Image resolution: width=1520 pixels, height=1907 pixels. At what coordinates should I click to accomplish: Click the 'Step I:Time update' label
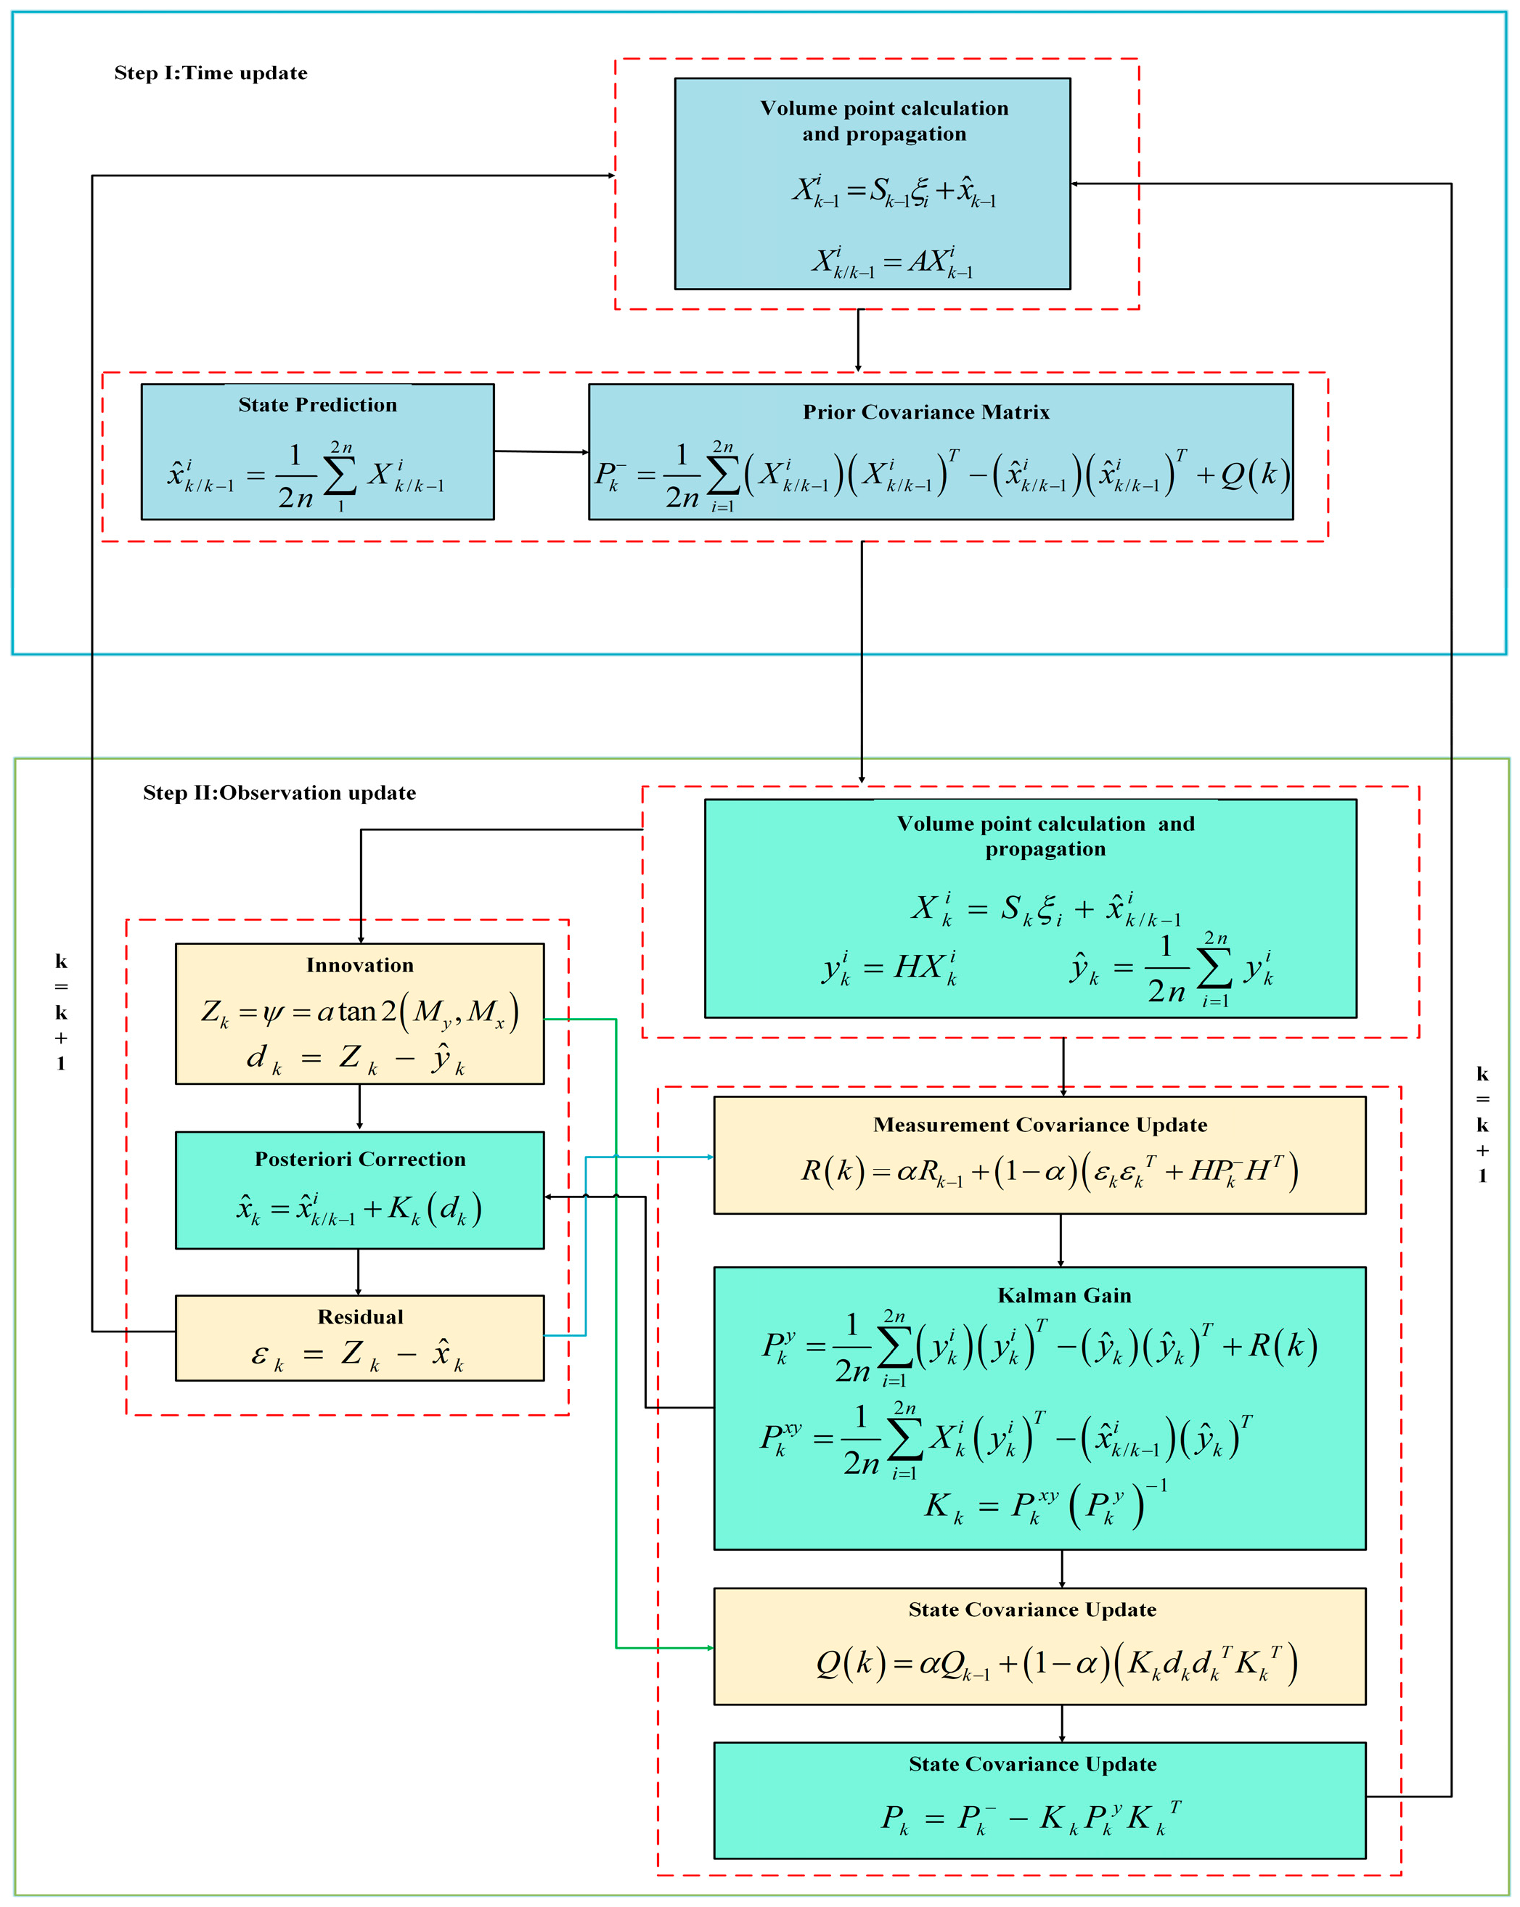211,73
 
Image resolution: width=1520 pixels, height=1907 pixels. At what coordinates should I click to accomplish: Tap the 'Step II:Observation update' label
279,792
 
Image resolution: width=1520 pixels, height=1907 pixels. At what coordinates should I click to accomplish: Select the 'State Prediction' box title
318,405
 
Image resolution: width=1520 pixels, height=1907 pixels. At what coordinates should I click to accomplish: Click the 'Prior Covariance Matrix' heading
926,412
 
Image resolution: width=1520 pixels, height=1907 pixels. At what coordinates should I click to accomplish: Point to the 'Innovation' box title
360,965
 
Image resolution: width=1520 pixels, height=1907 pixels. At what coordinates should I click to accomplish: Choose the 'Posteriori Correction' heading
360,1159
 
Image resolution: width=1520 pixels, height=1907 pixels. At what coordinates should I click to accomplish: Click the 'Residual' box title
360,1316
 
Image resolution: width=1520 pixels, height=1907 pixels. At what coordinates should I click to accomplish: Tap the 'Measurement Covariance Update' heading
1039,1124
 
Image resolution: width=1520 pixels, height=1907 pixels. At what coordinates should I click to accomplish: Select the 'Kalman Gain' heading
1063,1295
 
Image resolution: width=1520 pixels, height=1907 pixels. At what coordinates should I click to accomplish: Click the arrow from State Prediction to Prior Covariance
541,452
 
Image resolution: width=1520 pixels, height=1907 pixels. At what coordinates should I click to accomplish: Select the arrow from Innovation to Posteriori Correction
359,1107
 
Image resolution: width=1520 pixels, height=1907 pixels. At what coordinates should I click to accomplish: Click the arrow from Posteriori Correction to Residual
359,1272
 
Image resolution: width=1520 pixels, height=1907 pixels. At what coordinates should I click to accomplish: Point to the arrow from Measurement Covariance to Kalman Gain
1061,1240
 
